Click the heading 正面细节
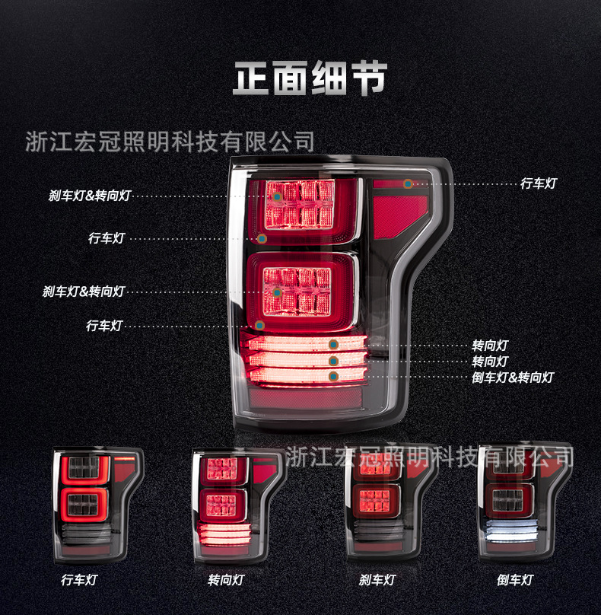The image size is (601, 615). coord(310,78)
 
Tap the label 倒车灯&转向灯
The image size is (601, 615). coord(513,377)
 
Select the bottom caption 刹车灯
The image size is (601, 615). coord(377,580)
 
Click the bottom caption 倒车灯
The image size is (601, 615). coord(515,580)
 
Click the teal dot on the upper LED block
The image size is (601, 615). coord(278,196)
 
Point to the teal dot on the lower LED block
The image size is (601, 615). coord(278,292)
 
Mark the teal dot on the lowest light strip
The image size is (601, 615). coord(333,376)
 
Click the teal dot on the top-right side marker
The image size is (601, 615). coord(408,183)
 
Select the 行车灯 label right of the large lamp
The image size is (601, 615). coord(539,183)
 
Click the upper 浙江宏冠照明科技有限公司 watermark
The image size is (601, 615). coord(170,142)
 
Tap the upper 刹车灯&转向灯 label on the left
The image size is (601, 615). coord(90,196)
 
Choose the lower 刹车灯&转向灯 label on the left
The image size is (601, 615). coord(84,292)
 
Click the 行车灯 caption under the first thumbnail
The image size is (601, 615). coord(79,580)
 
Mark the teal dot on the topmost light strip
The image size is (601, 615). coord(333,345)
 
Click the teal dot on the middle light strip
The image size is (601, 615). coord(333,361)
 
